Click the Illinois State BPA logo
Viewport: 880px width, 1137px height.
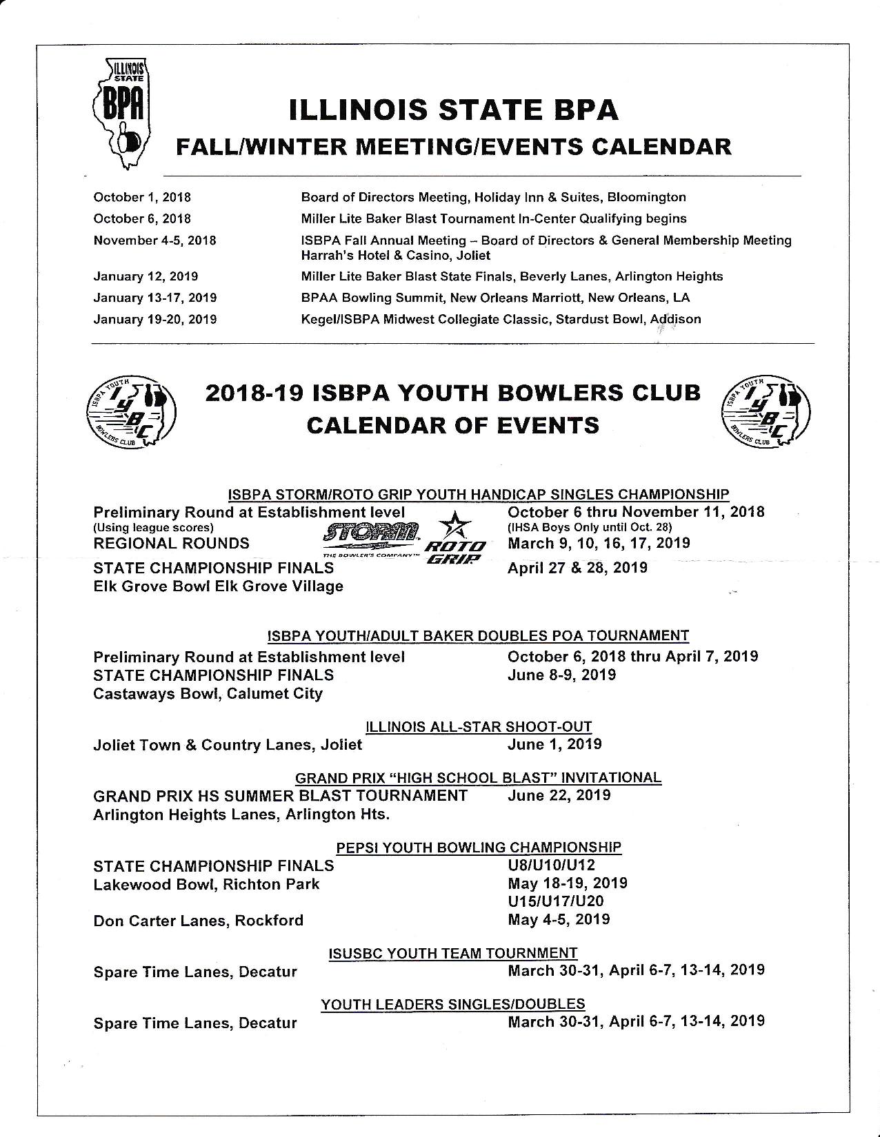click(125, 114)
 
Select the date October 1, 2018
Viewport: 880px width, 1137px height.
click(142, 197)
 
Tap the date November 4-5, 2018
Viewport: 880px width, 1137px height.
click(154, 240)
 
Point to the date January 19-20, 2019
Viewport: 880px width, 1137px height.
click(155, 319)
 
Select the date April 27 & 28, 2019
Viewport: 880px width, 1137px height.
click(577, 568)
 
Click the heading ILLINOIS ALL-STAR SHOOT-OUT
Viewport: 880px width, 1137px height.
click(478, 726)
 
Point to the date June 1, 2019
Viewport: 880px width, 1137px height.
click(554, 744)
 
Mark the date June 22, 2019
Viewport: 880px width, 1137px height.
click(559, 795)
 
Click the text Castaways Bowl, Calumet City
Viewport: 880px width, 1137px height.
click(208, 693)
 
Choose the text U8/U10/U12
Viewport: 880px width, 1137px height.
click(551, 865)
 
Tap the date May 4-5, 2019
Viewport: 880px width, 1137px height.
click(559, 919)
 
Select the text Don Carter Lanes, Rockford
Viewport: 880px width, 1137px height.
click(198, 921)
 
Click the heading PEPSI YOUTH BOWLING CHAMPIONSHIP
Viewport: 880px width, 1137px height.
click(479, 847)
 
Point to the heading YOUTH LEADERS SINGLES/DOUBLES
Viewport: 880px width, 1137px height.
click(452, 1004)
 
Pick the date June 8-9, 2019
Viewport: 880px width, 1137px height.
click(561, 675)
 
